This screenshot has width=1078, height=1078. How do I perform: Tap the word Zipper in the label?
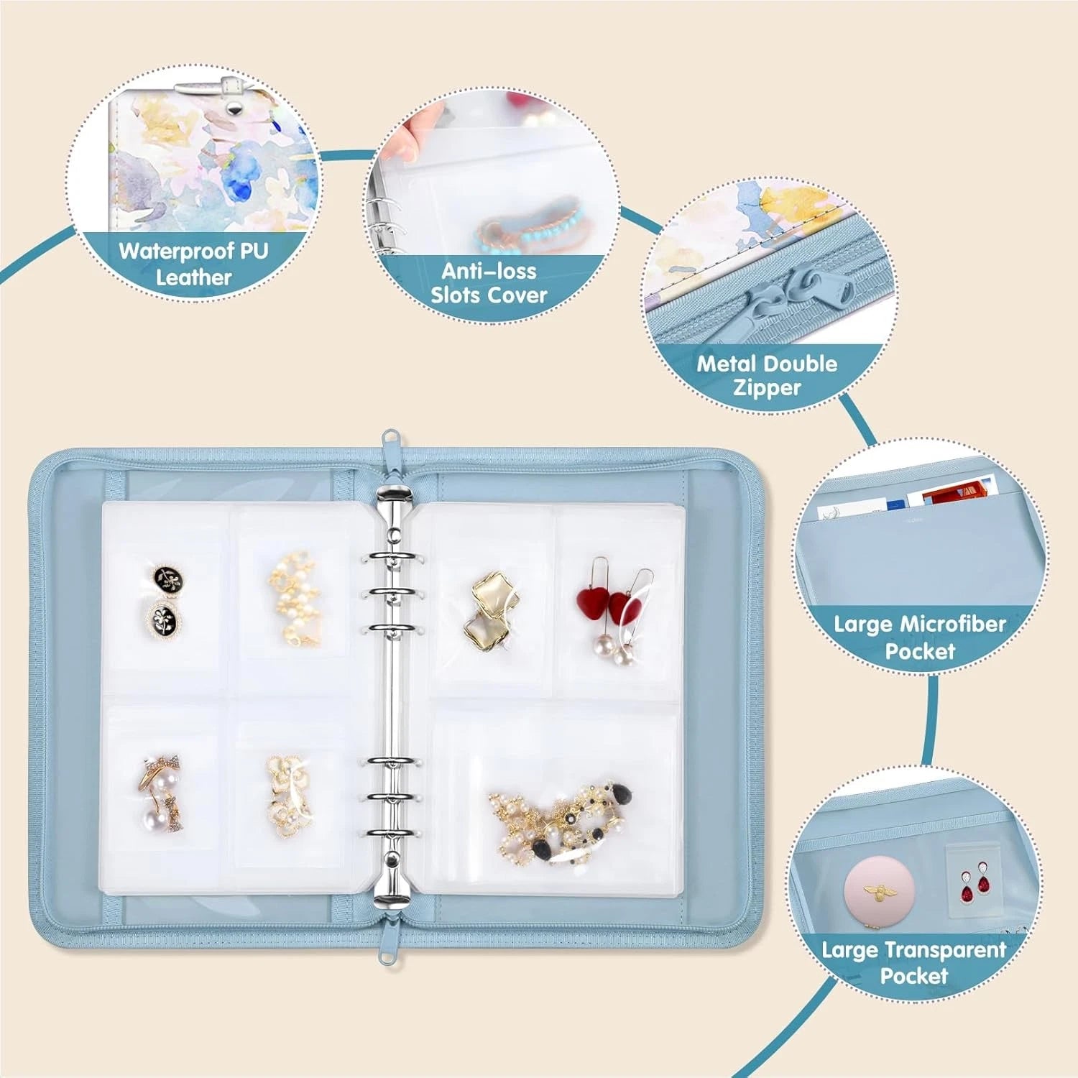coord(767,388)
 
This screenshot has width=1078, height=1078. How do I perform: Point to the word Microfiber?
coord(950,624)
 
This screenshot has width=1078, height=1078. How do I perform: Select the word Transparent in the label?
coord(946,950)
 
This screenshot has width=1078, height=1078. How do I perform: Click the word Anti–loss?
coord(489,271)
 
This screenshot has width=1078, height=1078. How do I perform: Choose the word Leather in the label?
coord(193,277)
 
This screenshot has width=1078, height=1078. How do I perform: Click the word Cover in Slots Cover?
coord(516,295)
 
